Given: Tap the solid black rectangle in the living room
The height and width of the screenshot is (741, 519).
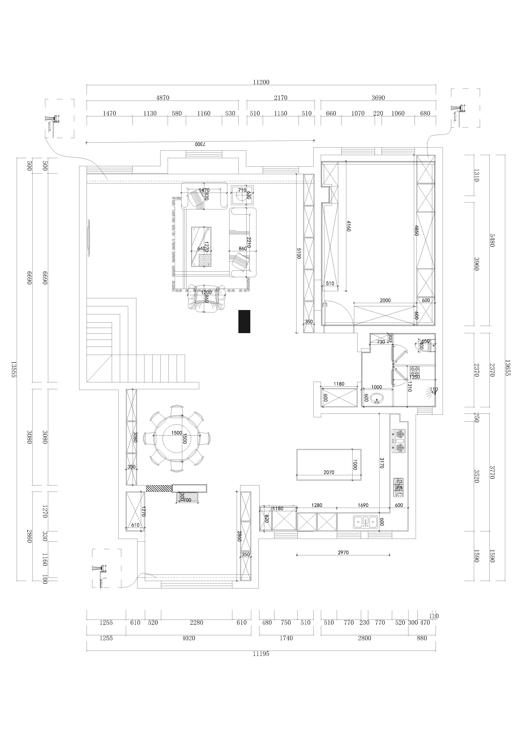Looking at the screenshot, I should point(244,321).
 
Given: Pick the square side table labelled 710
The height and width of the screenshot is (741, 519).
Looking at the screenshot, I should point(242,195).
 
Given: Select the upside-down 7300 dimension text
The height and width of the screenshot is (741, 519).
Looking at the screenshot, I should point(200,144).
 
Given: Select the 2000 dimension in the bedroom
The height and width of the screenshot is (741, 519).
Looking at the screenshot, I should point(385,300).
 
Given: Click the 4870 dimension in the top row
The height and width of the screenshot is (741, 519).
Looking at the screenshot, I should point(163,98).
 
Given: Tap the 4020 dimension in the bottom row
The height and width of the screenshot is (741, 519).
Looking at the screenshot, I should point(188,638).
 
